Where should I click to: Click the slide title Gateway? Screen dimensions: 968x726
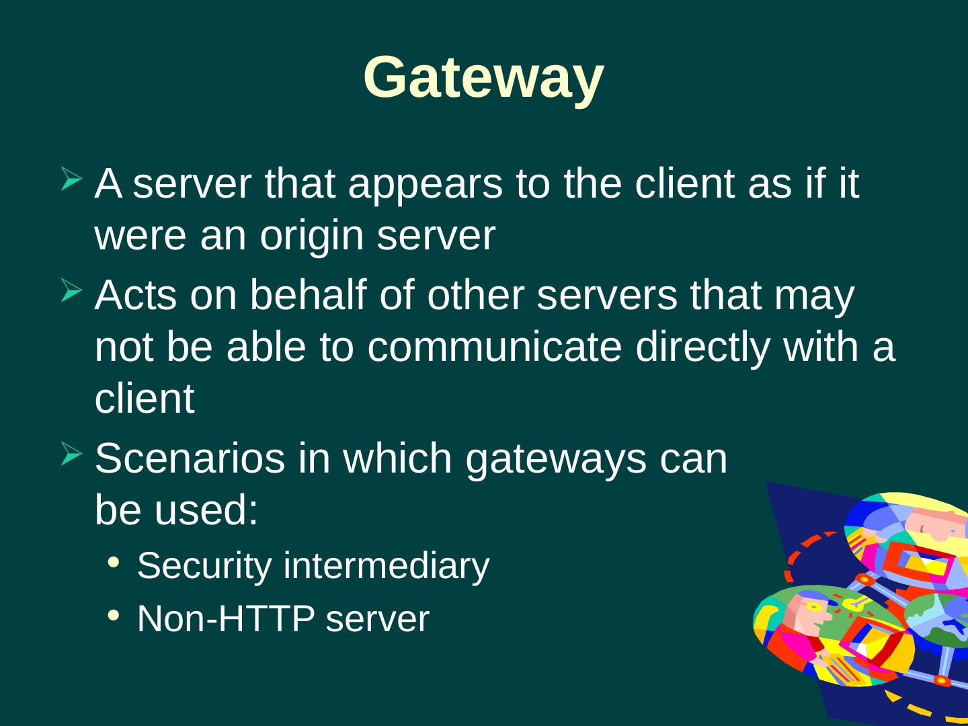pyautogui.click(x=483, y=77)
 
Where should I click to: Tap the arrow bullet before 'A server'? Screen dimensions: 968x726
pyautogui.click(x=72, y=179)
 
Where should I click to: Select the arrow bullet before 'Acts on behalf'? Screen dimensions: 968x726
pyautogui.click(x=72, y=291)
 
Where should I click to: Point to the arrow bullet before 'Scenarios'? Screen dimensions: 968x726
pyautogui.click(x=72, y=454)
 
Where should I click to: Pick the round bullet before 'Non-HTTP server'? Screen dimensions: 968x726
pyautogui.click(x=114, y=615)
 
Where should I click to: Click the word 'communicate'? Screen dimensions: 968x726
pyautogui.click(x=494, y=347)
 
